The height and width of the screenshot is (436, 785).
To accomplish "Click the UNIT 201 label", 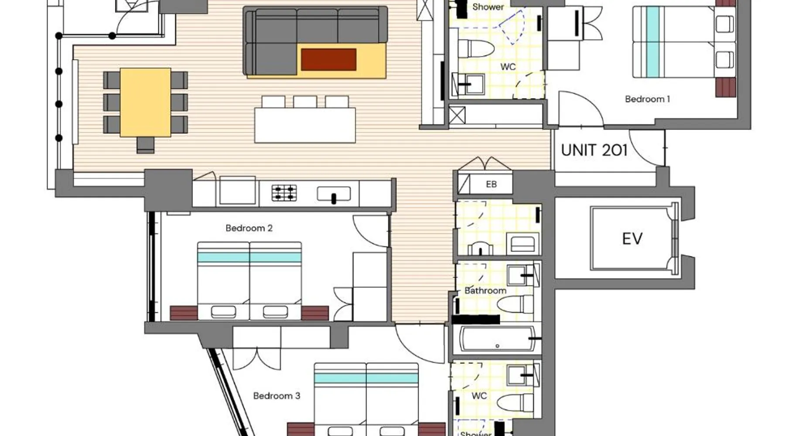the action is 594,150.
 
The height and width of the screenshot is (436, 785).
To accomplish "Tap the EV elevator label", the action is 632,239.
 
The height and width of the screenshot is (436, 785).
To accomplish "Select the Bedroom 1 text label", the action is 647,99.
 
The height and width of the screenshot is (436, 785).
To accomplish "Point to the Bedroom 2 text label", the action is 249,228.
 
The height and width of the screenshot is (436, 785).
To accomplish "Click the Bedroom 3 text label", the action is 276,396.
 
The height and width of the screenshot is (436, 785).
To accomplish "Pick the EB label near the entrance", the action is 491,184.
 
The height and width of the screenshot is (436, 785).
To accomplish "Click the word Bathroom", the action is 485,291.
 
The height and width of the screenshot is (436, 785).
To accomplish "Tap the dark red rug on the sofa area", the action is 328,59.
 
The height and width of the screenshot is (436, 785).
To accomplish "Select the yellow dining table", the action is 146,102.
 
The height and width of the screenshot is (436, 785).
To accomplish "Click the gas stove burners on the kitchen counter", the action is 284,193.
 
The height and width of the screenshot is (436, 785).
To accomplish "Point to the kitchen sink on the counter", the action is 334,194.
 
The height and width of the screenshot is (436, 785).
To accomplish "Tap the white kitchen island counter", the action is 305,125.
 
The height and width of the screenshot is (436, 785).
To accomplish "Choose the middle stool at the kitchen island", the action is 305,102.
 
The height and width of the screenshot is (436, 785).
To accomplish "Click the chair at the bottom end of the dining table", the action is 145,145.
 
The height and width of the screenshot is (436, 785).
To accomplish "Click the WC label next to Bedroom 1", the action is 508,67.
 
